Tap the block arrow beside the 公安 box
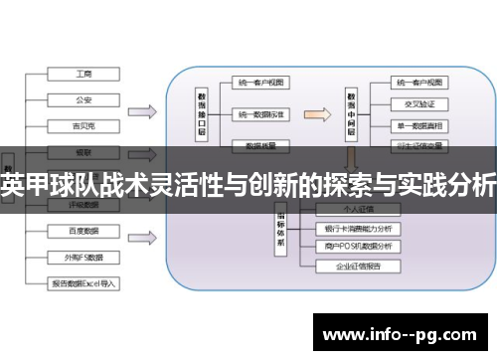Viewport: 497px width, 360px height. pyautogui.click(x=141, y=110)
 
